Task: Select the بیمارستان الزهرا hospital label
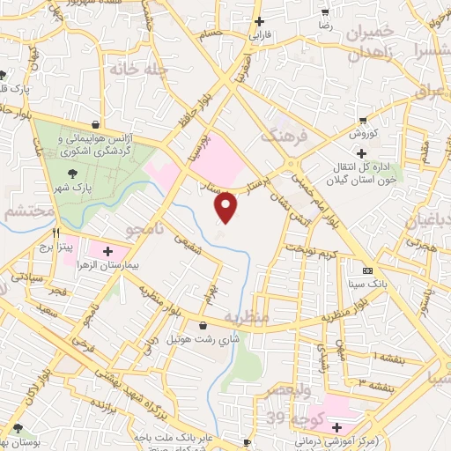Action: pos(107,263)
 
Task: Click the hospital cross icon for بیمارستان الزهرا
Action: pos(107,251)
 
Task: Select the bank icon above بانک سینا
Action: pos(368,270)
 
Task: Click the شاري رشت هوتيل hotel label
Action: pos(203,338)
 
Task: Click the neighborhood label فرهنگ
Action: pos(282,137)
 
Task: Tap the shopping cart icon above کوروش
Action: pos(362,121)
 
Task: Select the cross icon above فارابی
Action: pos(258,22)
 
